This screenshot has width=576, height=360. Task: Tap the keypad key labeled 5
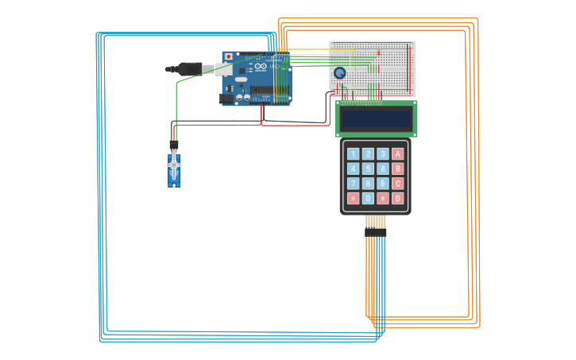369,168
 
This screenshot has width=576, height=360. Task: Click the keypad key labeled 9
383,184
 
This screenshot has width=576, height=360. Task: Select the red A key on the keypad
398,153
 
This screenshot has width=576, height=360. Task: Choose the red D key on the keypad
398,199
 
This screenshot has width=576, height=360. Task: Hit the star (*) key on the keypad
354,199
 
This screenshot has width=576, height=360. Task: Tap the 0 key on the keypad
369,199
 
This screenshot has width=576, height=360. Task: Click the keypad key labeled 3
383,153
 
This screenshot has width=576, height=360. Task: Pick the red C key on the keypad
398,184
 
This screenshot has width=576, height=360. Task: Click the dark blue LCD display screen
376,119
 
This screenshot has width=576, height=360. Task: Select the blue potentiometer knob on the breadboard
340,72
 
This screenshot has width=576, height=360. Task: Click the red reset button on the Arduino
229,57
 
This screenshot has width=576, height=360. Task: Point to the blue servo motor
174,170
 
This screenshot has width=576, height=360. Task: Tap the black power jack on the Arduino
226,99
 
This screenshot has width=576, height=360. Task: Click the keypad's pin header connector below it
375,232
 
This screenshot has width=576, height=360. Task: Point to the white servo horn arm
174,164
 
